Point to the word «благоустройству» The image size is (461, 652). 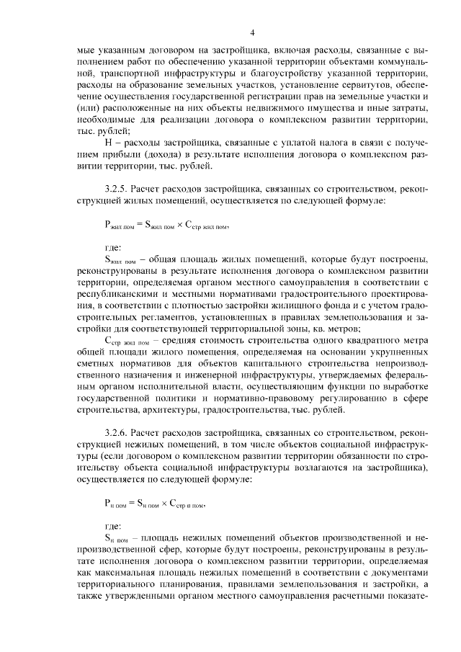[x=288, y=74]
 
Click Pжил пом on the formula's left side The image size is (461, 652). [x=120, y=225]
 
